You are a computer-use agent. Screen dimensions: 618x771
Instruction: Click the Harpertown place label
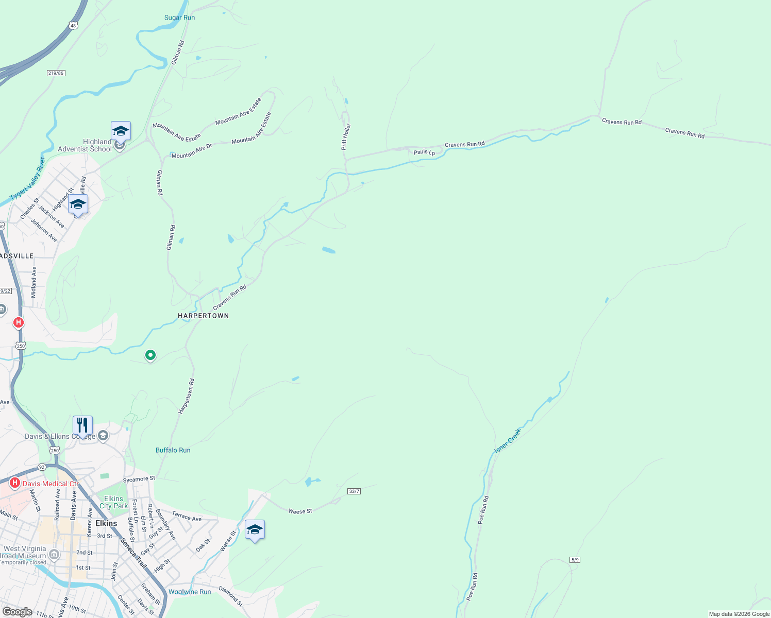pyautogui.click(x=203, y=316)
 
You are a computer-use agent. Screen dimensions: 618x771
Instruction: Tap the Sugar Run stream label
pyautogui.click(x=179, y=18)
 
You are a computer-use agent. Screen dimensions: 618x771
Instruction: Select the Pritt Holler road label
pyautogui.click(x=346, y=136)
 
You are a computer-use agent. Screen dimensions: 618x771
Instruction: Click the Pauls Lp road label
pyautogui.click(x=424, y=152)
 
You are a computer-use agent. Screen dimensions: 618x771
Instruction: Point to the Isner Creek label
pyautogui.click(x=508, y=441)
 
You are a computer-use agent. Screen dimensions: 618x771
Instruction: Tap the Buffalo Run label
pyautogui.click(x=173, y=450)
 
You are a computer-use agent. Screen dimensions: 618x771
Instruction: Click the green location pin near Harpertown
pyautogui.click(x=150, y=355)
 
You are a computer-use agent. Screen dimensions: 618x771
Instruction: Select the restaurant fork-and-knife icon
pyautogui.click(x=82, y=425)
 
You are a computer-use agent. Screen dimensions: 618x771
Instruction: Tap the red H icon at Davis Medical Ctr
pyautogui.click(x=15, y=483)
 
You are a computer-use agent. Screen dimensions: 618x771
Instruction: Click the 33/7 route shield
pyautogui.click(x=354, y=491)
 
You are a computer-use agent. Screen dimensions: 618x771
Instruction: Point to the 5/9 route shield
pyautogui.click(x=575, y=560)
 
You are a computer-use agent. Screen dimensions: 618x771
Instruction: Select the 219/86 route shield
pyautogui.click(x=56, y=73)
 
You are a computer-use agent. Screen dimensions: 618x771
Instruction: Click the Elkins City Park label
pyautogui.click(x=113, y=502)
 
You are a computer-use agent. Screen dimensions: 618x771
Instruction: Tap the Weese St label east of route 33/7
pyautogui.click(x=300, y=511)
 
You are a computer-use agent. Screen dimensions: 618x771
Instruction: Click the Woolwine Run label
pyautogui.click(x=190, y=592)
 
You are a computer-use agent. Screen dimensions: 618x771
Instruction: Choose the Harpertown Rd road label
pyautogui.click(x=186, y=396)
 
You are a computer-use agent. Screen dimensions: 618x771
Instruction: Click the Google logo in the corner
pyautogui.click(x=18, y=612)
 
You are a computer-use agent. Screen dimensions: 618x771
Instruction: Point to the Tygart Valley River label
pyautogui.click(x=28, y=180)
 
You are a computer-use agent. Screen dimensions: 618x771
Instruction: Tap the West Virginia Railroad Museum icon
pyautogui.click(x=54, y=555)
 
